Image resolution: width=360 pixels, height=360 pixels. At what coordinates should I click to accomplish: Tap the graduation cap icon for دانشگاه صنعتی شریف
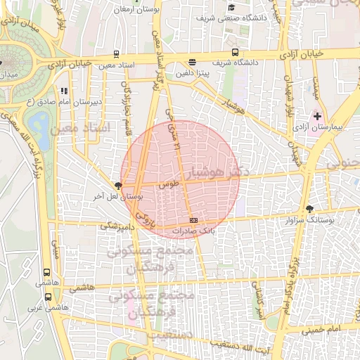click(x=231, y=8)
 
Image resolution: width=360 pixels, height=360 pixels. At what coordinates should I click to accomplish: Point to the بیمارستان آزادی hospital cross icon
click(x=317, y=115)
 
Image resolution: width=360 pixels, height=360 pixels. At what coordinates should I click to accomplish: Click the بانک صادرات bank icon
click(x=193, y=221)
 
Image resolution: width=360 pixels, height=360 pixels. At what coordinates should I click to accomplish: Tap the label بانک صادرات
click(x=192, y=230)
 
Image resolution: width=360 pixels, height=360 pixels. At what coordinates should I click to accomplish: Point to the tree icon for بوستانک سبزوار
click(x=310, y=208)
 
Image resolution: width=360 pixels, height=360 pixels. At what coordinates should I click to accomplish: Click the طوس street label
click(x=168, y=184)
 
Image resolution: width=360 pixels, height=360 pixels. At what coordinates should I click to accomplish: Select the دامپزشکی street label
click(x=116, y=226)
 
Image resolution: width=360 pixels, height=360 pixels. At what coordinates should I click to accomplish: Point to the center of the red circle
click(x=180, y=179)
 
